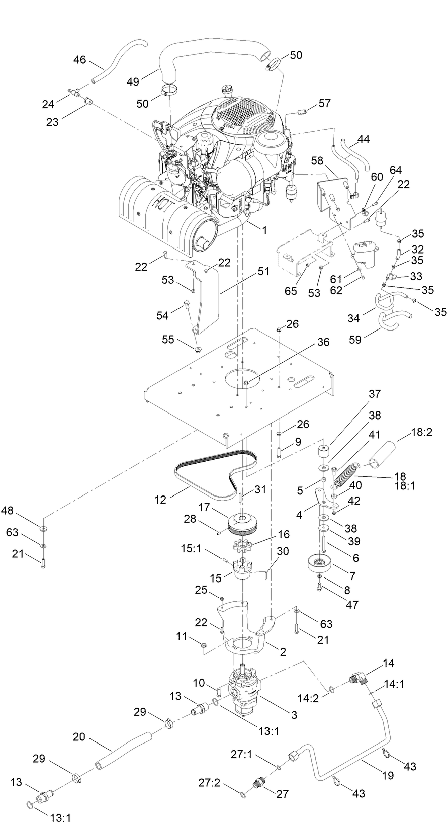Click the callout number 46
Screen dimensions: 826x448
[x=79, y=60]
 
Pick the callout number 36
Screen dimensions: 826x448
[x=323, y=342]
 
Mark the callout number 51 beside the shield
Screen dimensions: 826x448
[x=263, y=271]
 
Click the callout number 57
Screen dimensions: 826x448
[x=325, y=103]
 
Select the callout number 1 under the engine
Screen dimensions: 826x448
[x=263, y=230]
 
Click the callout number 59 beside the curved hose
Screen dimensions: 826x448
[x=356, y=340]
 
